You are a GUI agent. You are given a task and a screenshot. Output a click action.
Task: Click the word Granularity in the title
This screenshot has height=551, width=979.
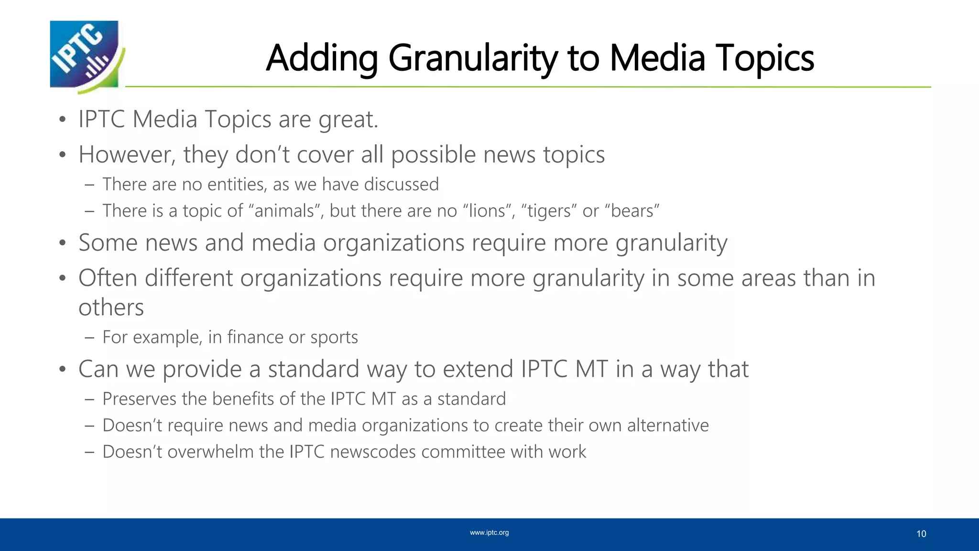click(x=473, y=58)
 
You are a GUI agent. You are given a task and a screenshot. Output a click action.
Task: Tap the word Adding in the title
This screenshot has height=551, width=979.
click(x=322, y=58)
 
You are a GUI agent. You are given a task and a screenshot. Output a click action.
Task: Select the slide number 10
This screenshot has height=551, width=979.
click(x=921, y=534)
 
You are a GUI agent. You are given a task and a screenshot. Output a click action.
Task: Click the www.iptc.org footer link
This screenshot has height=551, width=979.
click(x=489, y=532)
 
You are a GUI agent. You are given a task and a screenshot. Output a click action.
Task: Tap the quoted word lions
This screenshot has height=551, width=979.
click(x=487, y=211)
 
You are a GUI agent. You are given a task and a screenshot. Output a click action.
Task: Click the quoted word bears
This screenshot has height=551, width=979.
click(x=635, y=211)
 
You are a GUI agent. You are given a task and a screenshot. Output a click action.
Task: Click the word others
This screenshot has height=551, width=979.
click(x=111, y=308)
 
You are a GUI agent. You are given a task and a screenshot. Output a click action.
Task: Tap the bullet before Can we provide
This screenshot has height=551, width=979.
click(x=62, y=370)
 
